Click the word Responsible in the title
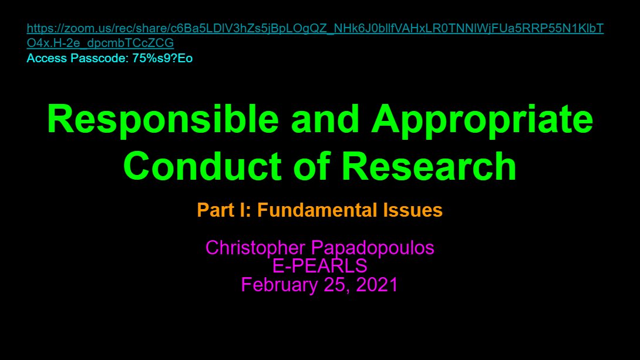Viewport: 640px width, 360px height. pos(163,119)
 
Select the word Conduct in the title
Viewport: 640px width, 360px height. pos(202,166)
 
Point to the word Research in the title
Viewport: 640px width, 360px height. pos(429,166)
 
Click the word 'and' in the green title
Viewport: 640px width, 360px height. pos(325,119)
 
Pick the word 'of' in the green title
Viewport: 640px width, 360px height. pos(311,166)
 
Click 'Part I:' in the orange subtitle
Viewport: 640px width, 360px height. pos(224,210)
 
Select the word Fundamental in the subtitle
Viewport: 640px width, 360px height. pos(317,210)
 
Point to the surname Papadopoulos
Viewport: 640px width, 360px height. pos(373,248)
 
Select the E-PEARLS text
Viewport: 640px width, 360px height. pos(320,266)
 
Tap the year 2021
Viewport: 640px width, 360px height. pos(377,284)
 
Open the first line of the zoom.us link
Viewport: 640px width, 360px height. pos(315,28)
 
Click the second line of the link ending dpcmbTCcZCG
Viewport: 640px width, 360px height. pos(100,43)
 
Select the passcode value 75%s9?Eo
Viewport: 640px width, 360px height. pos(163,58)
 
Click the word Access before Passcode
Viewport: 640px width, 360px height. pos(47,58)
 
